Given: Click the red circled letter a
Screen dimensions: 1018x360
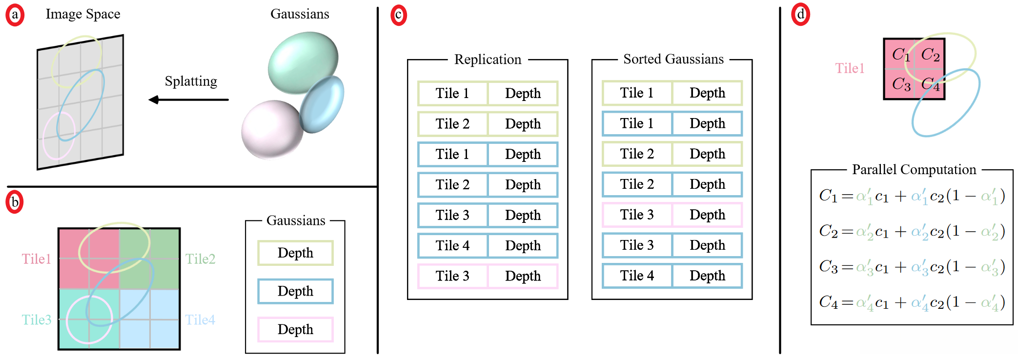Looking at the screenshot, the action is [x=15, y=15].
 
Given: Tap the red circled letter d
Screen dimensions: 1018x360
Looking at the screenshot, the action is [x=801, y=15].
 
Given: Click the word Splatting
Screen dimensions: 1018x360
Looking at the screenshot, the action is [x=191, y=81].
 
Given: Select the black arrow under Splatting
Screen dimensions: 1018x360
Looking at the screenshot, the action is [x=188, y=100].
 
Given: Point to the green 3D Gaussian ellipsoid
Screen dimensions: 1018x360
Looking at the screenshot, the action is [x=303, y=62].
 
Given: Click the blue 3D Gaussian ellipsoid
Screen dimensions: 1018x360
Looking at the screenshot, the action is [x=322, y=104].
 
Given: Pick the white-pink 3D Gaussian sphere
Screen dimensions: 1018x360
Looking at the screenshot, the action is [x=272, y=129].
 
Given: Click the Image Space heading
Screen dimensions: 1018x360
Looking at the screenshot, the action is [x=83, y=14].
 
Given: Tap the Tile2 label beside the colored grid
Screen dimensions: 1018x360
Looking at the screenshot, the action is [x=200, y=259].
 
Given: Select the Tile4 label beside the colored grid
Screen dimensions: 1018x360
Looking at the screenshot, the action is [x=200, y=320].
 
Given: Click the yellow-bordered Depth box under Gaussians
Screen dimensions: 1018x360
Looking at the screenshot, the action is [x=295, y=253].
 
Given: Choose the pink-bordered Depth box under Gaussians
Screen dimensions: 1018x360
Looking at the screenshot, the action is [x=295, y=329].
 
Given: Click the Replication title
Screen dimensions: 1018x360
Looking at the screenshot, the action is [x=488, y=60].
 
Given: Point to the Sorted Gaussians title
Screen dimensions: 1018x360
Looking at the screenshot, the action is [x=673, y=59].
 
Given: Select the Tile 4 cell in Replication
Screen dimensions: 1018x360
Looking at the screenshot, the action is [x=453, y=245].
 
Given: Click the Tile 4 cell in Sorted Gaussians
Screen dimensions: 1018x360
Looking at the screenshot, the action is [x=637, y=276].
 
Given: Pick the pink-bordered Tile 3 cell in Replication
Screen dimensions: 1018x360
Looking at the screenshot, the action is [x=453, y=276].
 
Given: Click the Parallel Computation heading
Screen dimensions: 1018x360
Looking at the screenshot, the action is [x=914, y=170].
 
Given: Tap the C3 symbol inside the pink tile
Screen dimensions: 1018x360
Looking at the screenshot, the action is [x=901, y=84].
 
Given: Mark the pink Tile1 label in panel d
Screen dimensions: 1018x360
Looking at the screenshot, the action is [x=850, y=68].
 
